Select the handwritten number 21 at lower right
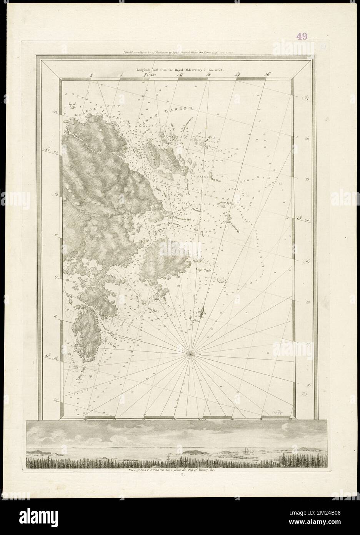[304, 394]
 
